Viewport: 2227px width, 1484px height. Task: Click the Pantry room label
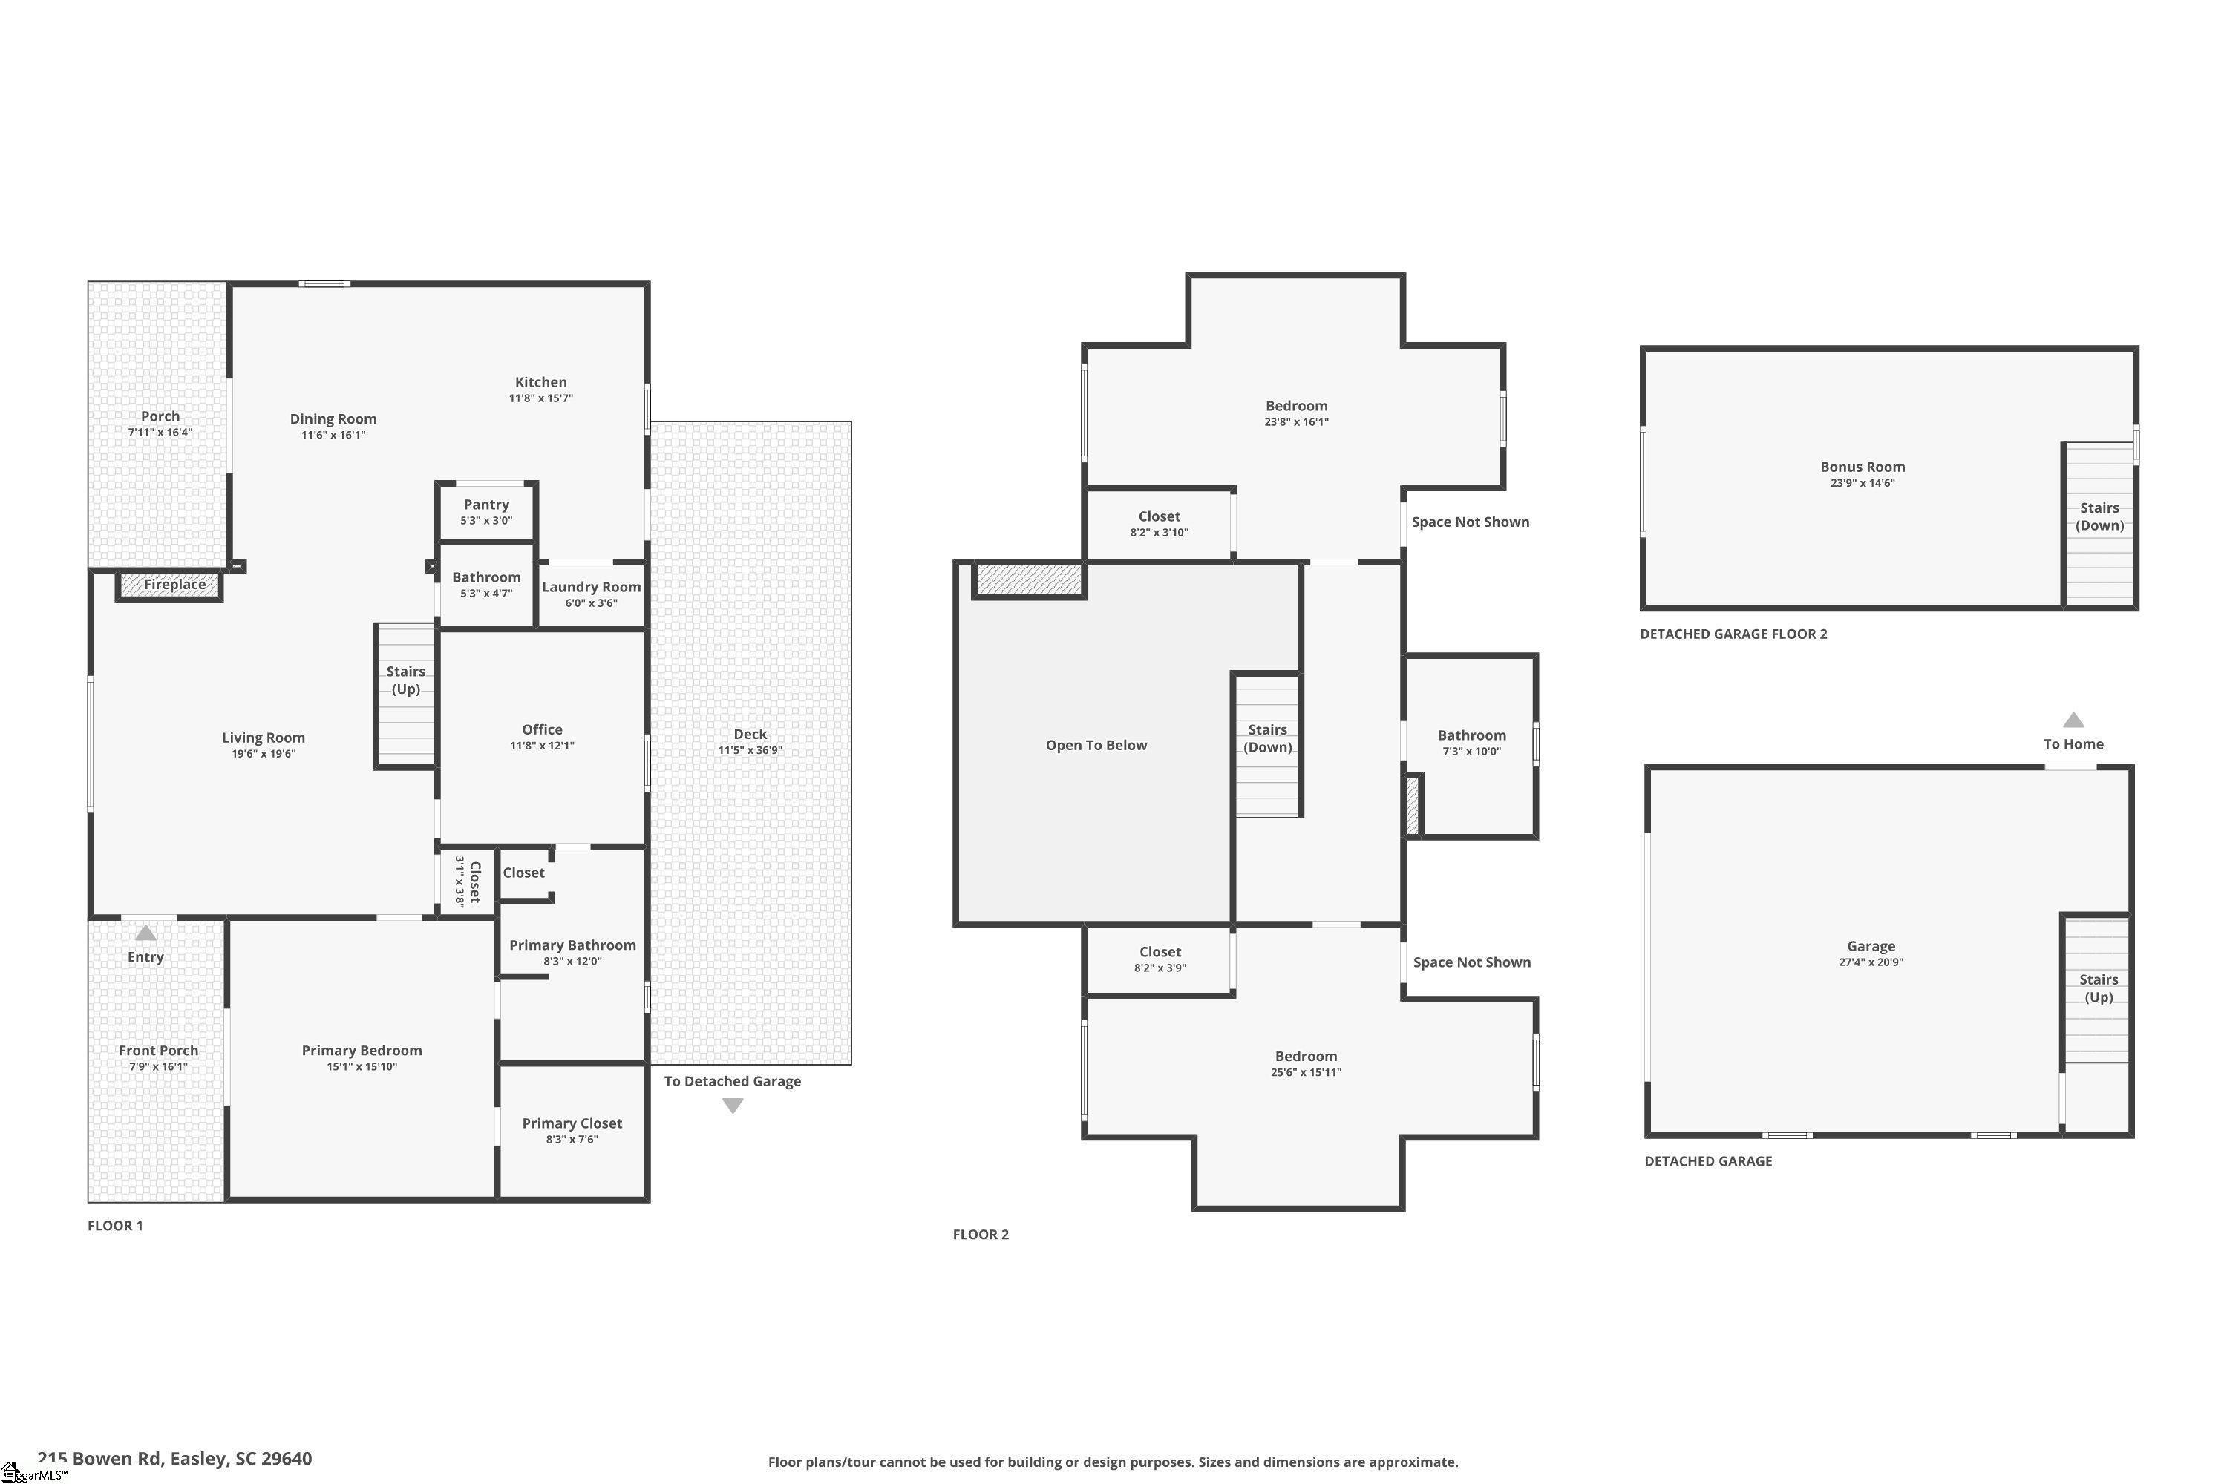(x=487, y=505)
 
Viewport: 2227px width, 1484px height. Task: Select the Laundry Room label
(x=591, y=587)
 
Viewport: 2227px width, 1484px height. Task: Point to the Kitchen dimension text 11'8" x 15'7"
(x=540, y=398)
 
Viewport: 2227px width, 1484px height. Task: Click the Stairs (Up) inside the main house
(x=405, y=696)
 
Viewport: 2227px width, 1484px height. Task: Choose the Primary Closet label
(x=572, y=1123)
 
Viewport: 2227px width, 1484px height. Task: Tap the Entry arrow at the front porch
(x=145, y=933)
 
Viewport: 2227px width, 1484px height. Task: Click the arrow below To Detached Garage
(x=733, y=1106)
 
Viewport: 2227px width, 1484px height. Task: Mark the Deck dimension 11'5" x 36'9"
(x=750, y=750)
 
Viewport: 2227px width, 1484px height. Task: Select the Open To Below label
(x=1096, y=746)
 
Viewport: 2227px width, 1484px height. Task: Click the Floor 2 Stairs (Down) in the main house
(x=1268, y=745)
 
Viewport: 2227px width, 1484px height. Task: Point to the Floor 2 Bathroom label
(x=1471, y=735)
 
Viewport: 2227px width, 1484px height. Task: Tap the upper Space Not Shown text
(x=1471, y=522)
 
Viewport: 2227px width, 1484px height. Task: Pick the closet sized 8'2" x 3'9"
(x=1160, y=959)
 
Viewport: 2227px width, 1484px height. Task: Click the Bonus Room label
(x=1863, y=467)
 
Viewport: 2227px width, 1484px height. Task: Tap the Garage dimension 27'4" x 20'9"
(x=1871, y=962)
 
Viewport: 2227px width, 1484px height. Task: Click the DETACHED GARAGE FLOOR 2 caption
(x=1733, y=634)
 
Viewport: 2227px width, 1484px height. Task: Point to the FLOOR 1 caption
(x=116, y=1226)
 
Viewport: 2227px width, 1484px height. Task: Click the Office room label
(x=543, y=729)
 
